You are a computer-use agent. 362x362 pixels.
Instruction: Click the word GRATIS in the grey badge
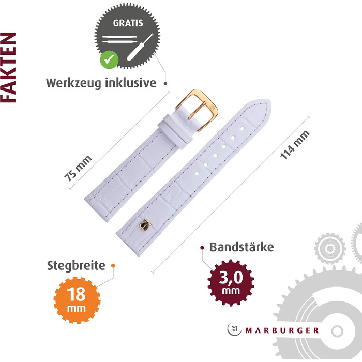point(128,23)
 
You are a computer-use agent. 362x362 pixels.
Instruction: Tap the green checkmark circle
point(109,59)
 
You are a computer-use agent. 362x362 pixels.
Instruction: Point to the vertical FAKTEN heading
point(8,67)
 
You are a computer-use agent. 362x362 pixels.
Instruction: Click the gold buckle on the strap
point(197,110)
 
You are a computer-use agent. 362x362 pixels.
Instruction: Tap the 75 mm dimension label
point(78,169)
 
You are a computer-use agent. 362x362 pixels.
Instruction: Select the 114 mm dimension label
point(295,144)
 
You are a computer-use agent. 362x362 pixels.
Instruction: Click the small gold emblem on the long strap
point(145,225)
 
